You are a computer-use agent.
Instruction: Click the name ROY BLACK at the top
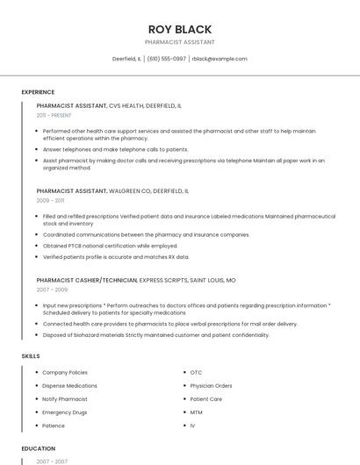tap(179, 28)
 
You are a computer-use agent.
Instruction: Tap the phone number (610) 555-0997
tap(166, 59)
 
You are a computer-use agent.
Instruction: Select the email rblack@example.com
tap(220, 59)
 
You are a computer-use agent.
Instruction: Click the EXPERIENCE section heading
tap(38, 92)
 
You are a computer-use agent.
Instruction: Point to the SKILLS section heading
tap(31, 355)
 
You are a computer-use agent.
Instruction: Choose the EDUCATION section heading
tap(38, 448)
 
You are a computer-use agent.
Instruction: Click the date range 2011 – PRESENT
tap(54, 115)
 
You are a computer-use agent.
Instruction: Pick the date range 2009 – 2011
tap(49, 200)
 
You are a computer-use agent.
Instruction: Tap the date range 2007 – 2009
tap(52, 290)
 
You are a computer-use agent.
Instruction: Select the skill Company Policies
tap(65, 373)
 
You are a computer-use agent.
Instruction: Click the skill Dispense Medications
tap(69, 386)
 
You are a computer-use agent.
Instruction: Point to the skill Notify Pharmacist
tap(65, 399)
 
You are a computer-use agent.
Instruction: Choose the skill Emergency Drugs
tap(64, 412)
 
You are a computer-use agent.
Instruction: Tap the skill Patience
tap(54, 426)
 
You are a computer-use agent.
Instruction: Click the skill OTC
tap(196, 373)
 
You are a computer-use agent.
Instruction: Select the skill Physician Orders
tap(211, 386)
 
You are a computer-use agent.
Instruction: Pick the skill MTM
tap(196, 412)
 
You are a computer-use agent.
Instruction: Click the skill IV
tap(192, 426)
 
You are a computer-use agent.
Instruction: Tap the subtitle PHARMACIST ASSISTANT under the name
tap(179, 42)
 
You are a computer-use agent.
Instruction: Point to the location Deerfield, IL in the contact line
tap(126, 59)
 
